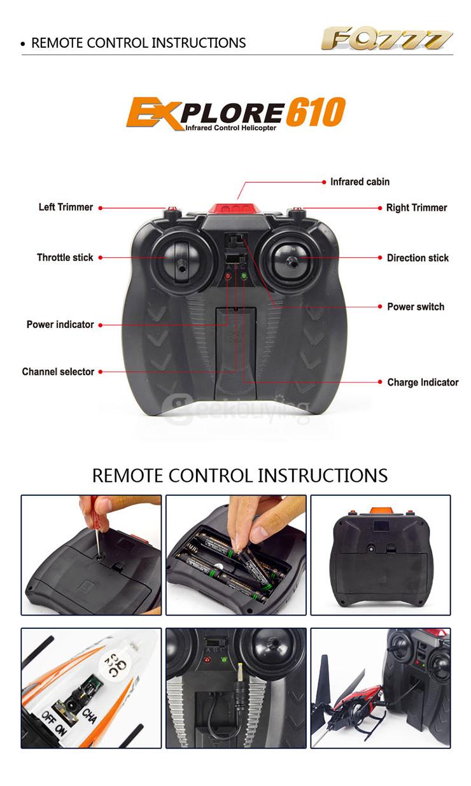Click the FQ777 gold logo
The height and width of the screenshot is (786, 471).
point(387,38)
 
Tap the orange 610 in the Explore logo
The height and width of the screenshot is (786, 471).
point(316,111)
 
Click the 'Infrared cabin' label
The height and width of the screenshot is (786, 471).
point(360,182)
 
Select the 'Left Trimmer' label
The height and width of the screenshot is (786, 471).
point(66,207)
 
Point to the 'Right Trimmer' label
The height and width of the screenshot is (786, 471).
point(417,207)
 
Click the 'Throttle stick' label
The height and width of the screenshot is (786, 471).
point(65,257)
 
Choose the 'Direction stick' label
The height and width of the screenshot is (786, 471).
point(418,258)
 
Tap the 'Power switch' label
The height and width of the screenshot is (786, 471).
point(416,307)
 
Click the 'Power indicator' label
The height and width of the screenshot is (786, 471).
point(60,324)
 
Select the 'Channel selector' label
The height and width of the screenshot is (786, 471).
point(58,372)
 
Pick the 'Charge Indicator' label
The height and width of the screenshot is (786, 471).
point(423,382)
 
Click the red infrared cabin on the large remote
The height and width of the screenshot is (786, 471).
point(234,208)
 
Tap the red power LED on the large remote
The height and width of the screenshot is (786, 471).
point(228,276)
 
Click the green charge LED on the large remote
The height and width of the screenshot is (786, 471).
point(244,276)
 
